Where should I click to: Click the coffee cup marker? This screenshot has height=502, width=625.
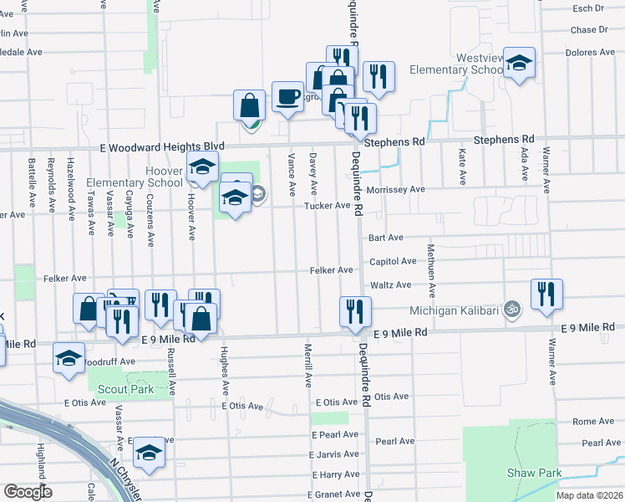[x=287, y=96]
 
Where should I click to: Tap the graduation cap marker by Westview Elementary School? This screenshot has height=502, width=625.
[x=520, y=63]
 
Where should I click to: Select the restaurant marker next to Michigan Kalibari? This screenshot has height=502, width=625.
[x=546, y=295]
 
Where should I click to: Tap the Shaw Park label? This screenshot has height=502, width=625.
[x=534, y=473]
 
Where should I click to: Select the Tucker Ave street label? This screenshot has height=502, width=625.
[x=327, y=206]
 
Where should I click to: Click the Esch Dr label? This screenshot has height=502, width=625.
[x=587, y=8]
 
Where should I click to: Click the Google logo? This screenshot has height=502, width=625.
[x=28, y=492]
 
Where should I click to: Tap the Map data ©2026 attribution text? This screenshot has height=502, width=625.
[x=590, y=495]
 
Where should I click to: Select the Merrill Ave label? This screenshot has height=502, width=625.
[x=308, y=364]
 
